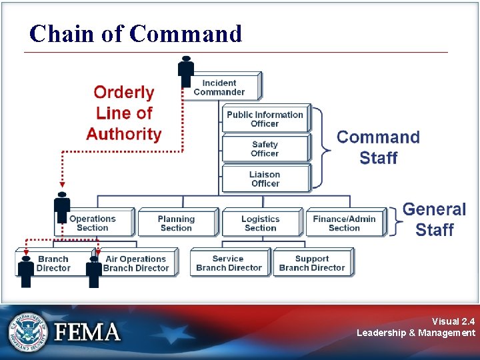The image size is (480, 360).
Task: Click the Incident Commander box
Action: pyautogui.click(x=220, y=87)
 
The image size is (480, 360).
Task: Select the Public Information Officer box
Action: pyautogui.click(x=265, y=119)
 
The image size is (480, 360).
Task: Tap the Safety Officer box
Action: pyautogui.click(x=265, y=149)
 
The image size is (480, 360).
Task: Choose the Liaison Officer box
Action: pyautogui.click(x=265, y=179)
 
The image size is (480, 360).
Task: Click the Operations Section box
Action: pyautogui.click(x=93, y=223)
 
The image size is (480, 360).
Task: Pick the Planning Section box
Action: pyautogui.click(x=177, y=223)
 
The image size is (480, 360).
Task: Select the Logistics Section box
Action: pyautogui.click(x=261, y=223)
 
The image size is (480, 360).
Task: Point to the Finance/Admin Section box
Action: pyautogui.click(x=345, y=223)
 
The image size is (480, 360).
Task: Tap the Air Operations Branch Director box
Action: pyautogui.click(x=135, y=263)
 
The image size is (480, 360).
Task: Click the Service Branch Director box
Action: pyautogui.click(x=229, y=263)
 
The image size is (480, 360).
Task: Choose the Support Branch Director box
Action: pyautogui.click(x=312, y=263)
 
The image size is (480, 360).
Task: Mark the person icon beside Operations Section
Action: pyautogui.click(x=62, y=207)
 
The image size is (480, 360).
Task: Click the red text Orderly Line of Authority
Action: pyautogui.click(x=124, y=113)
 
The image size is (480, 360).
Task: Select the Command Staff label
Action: pyautogui.click(x=378, y=147)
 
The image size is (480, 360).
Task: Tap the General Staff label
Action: pyautogui.click(x=435, y=219)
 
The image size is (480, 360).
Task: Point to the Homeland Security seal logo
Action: pyautogui.click(x=29, y=331)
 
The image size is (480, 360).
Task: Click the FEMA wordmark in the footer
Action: pyautogui.click(x=87, y=331)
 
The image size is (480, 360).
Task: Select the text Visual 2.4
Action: pyautogui.click(x=453, y=321)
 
